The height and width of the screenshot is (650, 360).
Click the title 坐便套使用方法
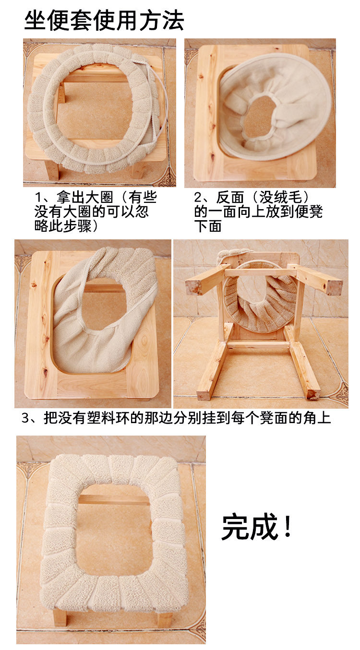coord(104,20)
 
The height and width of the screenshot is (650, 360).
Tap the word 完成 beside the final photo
coord(250,526)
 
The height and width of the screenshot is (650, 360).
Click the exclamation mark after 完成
coord(288,526)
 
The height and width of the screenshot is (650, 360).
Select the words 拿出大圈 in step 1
coord(85,197)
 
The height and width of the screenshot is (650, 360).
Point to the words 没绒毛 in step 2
coord(280,197)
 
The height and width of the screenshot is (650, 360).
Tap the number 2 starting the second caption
coord(198,198)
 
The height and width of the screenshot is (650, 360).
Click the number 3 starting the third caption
coord(25,418)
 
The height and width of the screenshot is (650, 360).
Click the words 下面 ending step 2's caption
coord(208,226)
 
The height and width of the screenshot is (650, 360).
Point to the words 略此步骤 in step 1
coord(63,226)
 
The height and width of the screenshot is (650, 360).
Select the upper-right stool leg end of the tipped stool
coord(335,285)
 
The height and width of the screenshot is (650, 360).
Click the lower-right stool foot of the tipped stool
coord(313,394)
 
